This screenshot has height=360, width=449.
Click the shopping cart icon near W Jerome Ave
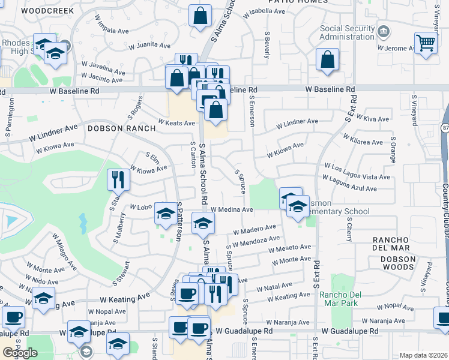(x=426, y=43)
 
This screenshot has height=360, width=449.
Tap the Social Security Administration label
(x=347, y=32)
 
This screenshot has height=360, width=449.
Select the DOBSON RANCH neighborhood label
(x=114, y=128)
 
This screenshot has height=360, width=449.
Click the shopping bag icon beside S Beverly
(x=327, y=59)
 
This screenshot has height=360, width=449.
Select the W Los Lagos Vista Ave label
(x=357, y=172)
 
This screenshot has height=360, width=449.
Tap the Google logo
(x=20, y=352)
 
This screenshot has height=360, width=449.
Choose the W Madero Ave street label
(x=255, y=229)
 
